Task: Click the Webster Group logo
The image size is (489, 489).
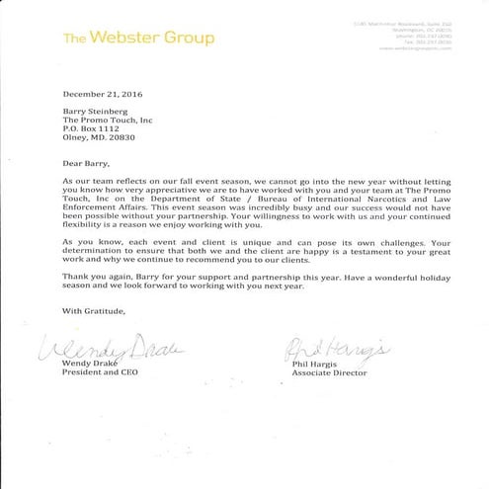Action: click(x=138, y=39)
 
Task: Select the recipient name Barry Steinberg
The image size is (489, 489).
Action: click(x=99, y=112)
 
